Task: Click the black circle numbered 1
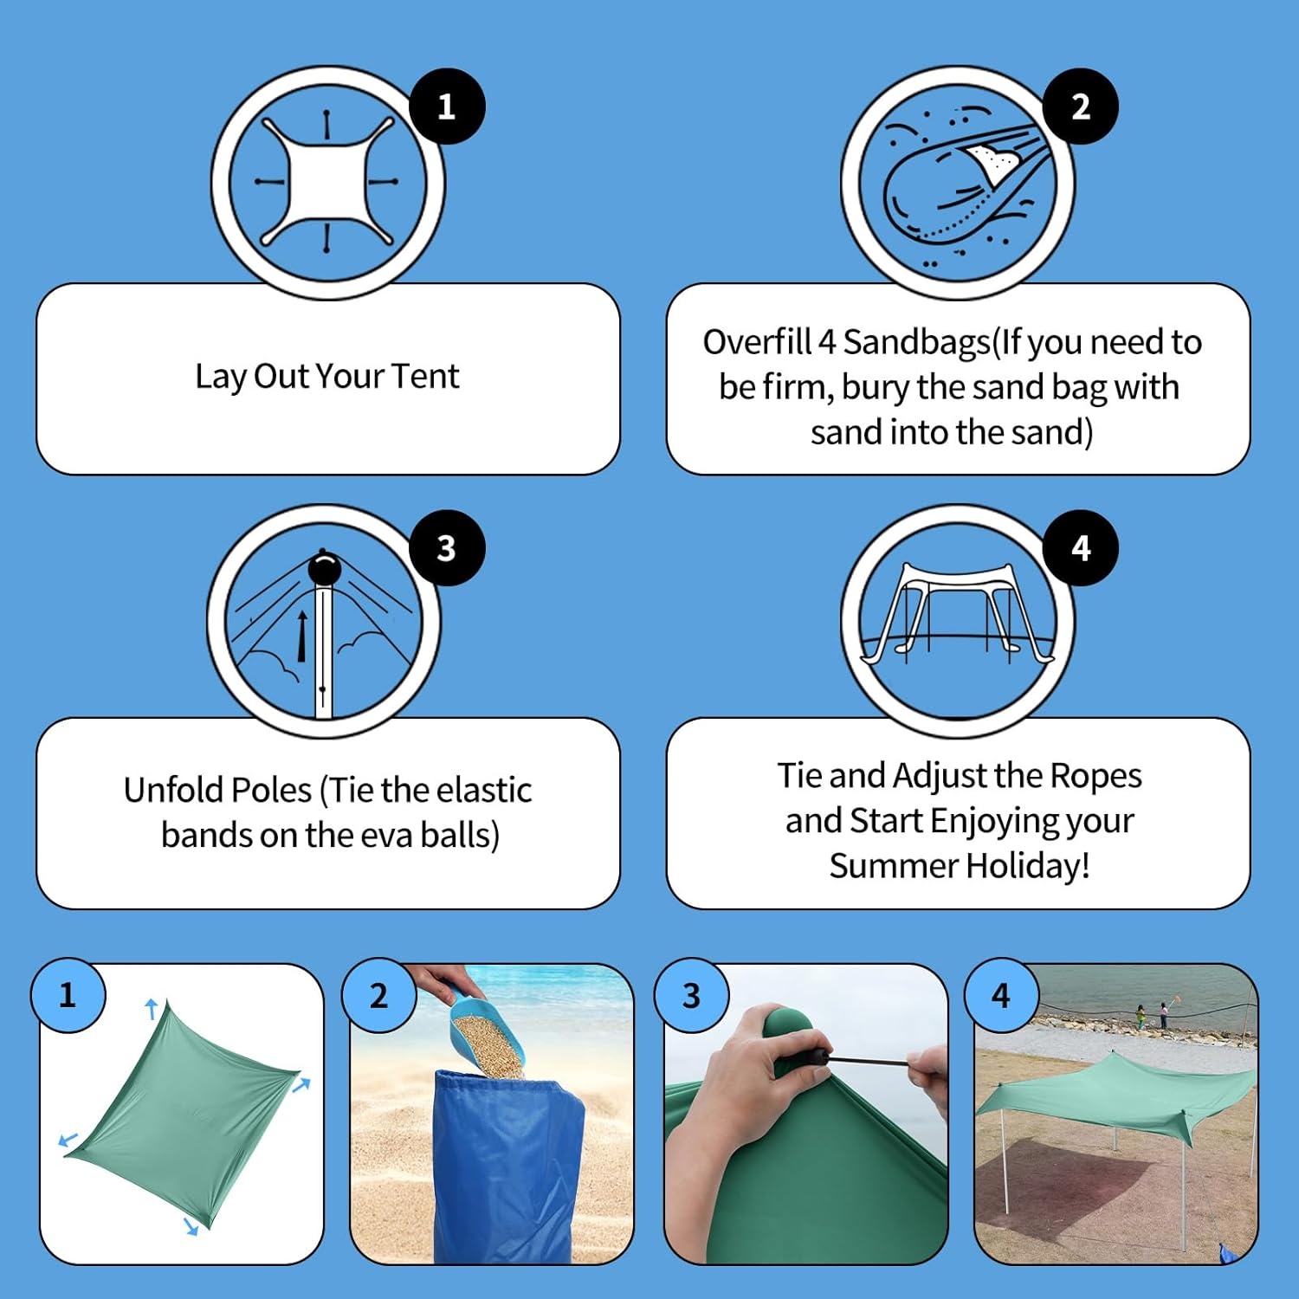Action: (x=446, y=107)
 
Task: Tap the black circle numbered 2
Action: (x=1080, y=107)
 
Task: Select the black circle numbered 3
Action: (x=446, y=547)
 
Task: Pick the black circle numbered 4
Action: (x=1080, y=547)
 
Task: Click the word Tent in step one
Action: (x=425, y=376)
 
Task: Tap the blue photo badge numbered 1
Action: (x=68, y=995)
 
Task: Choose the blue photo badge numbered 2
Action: (x=378, y=995)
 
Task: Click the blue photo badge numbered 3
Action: (x=691, y=995)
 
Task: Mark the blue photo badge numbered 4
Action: (x=1001, y=995)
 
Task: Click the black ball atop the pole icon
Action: (x=324, y=569)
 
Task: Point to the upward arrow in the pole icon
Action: (x=301, y=637)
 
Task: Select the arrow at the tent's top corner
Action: (x=152, y=1008)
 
